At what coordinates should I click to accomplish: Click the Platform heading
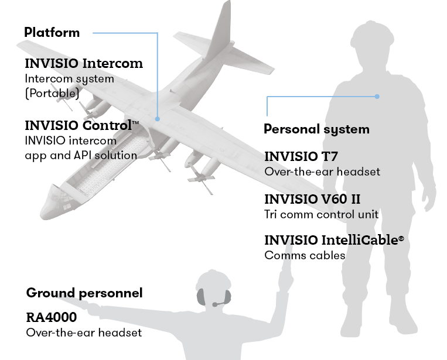[52, 32]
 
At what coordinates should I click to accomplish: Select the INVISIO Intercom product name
[84, 63]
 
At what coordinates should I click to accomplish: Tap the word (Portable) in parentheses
[52, 92]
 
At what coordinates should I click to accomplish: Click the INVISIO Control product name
[79, 125]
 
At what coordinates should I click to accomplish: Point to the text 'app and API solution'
[80, 155]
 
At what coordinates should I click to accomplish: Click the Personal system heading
[316, 129]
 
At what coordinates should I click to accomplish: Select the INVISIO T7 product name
[301, 156]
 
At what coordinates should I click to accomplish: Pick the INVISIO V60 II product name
[312, 199]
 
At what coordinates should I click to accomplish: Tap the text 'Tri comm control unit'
[321, 214]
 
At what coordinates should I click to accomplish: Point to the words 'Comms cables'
[305, 255]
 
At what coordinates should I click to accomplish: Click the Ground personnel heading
[84, 293]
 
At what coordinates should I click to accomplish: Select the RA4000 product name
[52, 318]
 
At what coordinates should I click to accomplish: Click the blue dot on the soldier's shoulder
[378, 96]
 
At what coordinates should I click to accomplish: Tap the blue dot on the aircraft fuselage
[158, 118]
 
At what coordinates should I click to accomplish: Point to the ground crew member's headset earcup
[201, 298]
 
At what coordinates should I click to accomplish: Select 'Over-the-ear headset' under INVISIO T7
[322, 172]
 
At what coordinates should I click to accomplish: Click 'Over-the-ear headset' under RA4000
[84, 332]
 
